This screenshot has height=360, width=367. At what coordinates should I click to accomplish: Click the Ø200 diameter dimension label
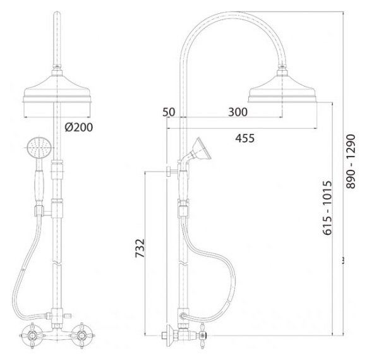(x=79, y=128)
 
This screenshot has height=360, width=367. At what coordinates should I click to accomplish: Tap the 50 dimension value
(x=169, y=112)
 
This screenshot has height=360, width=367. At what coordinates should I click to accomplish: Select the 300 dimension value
(x=238, y=112)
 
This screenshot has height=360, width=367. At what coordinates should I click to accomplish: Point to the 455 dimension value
(x=245, y=138)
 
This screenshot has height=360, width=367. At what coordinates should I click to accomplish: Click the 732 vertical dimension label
(x=140, y=248)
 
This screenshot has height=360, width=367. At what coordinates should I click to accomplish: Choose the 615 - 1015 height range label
(x=327, y=208)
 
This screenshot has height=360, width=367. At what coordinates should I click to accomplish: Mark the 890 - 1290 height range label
(x=351, y=161)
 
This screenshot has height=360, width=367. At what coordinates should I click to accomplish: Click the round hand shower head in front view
(x=37, y=148)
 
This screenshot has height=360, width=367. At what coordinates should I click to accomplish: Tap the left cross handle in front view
(x=32, y=335)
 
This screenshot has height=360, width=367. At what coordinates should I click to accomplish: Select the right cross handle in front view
(x=81, y=335)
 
